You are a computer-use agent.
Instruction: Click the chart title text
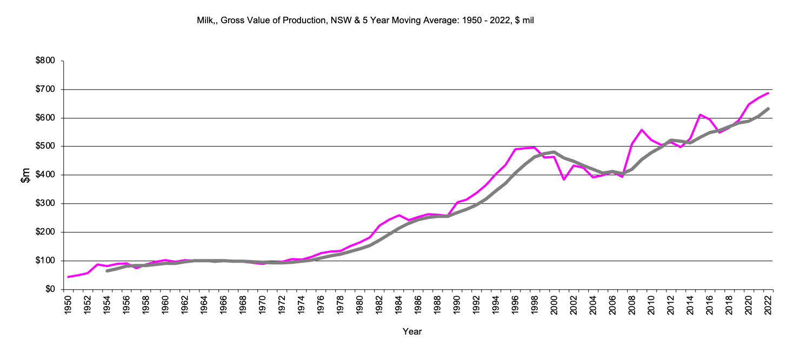pos(365,21)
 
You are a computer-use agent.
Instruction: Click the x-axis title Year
pos(412,331)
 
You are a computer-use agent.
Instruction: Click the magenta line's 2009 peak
pos(642,130)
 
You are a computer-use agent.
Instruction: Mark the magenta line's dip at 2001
pos(564,179)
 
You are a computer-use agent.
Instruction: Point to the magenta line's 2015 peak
pos(700,115)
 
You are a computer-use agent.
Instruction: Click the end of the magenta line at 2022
pos(768,93)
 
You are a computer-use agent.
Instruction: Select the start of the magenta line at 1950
pos(68,277)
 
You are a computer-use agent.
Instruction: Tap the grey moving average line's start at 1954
pos(107,271)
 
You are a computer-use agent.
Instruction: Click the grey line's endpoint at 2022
pos(768,109)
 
